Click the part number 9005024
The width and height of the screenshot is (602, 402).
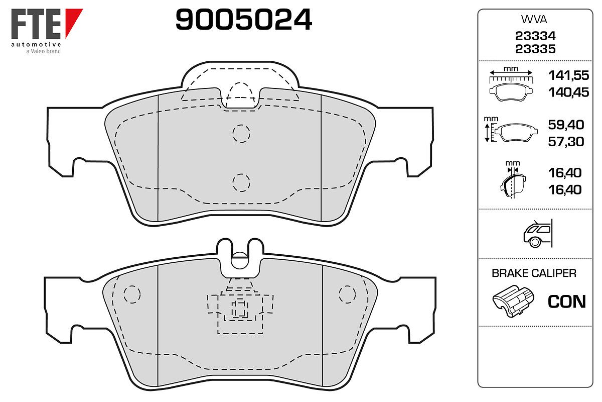[244, 20]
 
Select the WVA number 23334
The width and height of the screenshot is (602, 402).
[535, 36]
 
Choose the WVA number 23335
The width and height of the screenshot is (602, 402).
[535, 49]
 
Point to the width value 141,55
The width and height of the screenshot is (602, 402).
[568, 75]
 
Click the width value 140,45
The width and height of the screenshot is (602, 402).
[568, 92]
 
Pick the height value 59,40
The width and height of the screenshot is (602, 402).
[566, 125]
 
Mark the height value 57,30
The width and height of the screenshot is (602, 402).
[566, 142]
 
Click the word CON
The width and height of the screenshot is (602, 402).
[566, 301]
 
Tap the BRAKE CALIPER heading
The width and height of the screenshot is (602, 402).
[534, 273]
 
